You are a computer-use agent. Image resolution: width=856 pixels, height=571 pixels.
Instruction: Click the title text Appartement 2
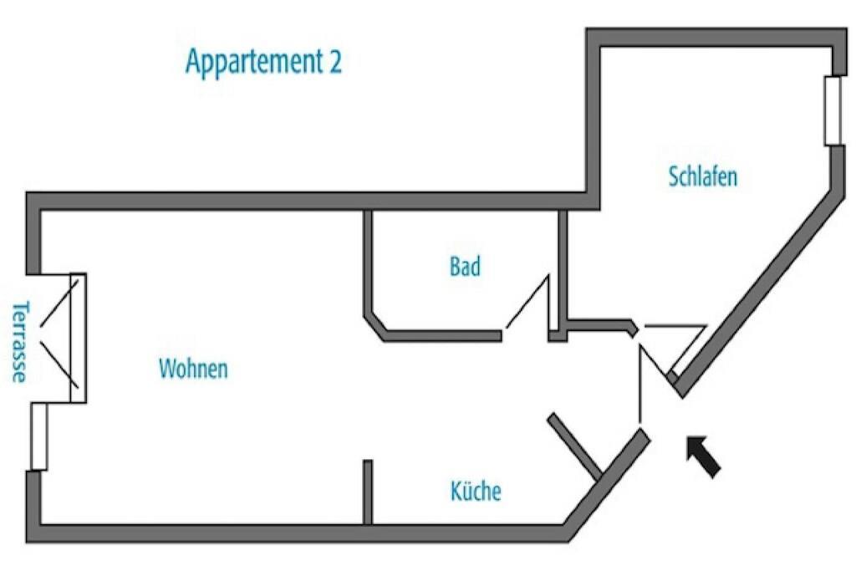coord(263,63)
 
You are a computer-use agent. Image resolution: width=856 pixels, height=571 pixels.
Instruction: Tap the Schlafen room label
coord(703,177)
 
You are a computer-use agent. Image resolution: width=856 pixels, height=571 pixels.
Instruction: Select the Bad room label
coord(465,268)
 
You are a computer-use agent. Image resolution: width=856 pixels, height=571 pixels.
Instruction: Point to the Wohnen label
coord(193,369)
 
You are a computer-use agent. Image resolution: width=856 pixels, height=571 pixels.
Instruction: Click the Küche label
coord(476,491)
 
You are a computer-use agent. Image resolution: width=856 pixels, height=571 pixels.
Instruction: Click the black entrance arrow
coord(703,456)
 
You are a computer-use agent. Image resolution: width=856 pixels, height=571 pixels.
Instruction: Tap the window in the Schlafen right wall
coord(833,110)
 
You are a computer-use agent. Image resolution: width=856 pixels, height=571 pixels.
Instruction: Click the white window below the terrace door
coord(38,436)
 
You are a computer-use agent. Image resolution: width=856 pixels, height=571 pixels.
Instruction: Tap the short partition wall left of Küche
coord(368,492)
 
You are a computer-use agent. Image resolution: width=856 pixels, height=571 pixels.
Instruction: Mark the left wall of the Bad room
coord(367,263)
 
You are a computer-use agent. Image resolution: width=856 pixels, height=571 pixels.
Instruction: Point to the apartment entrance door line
coord(640,385)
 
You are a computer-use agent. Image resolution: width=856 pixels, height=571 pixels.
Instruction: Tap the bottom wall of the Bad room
coord(443,336)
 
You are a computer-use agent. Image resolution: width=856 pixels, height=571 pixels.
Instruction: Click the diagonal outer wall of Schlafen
coord(761,293)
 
